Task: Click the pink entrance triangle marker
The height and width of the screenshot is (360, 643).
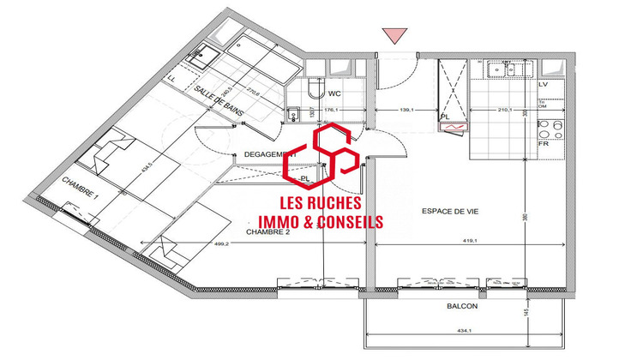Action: pos(394,34)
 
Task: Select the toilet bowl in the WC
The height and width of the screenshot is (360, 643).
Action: pos(313,93)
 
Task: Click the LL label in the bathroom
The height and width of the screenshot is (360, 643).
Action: pos(174,79)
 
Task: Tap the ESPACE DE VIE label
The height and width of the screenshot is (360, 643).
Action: pos(449,211)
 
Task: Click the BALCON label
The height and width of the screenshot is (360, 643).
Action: pos(460,305)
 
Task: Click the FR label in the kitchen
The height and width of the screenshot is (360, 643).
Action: pos(542,144)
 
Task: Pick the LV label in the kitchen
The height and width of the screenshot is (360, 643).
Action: pos(542,85)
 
